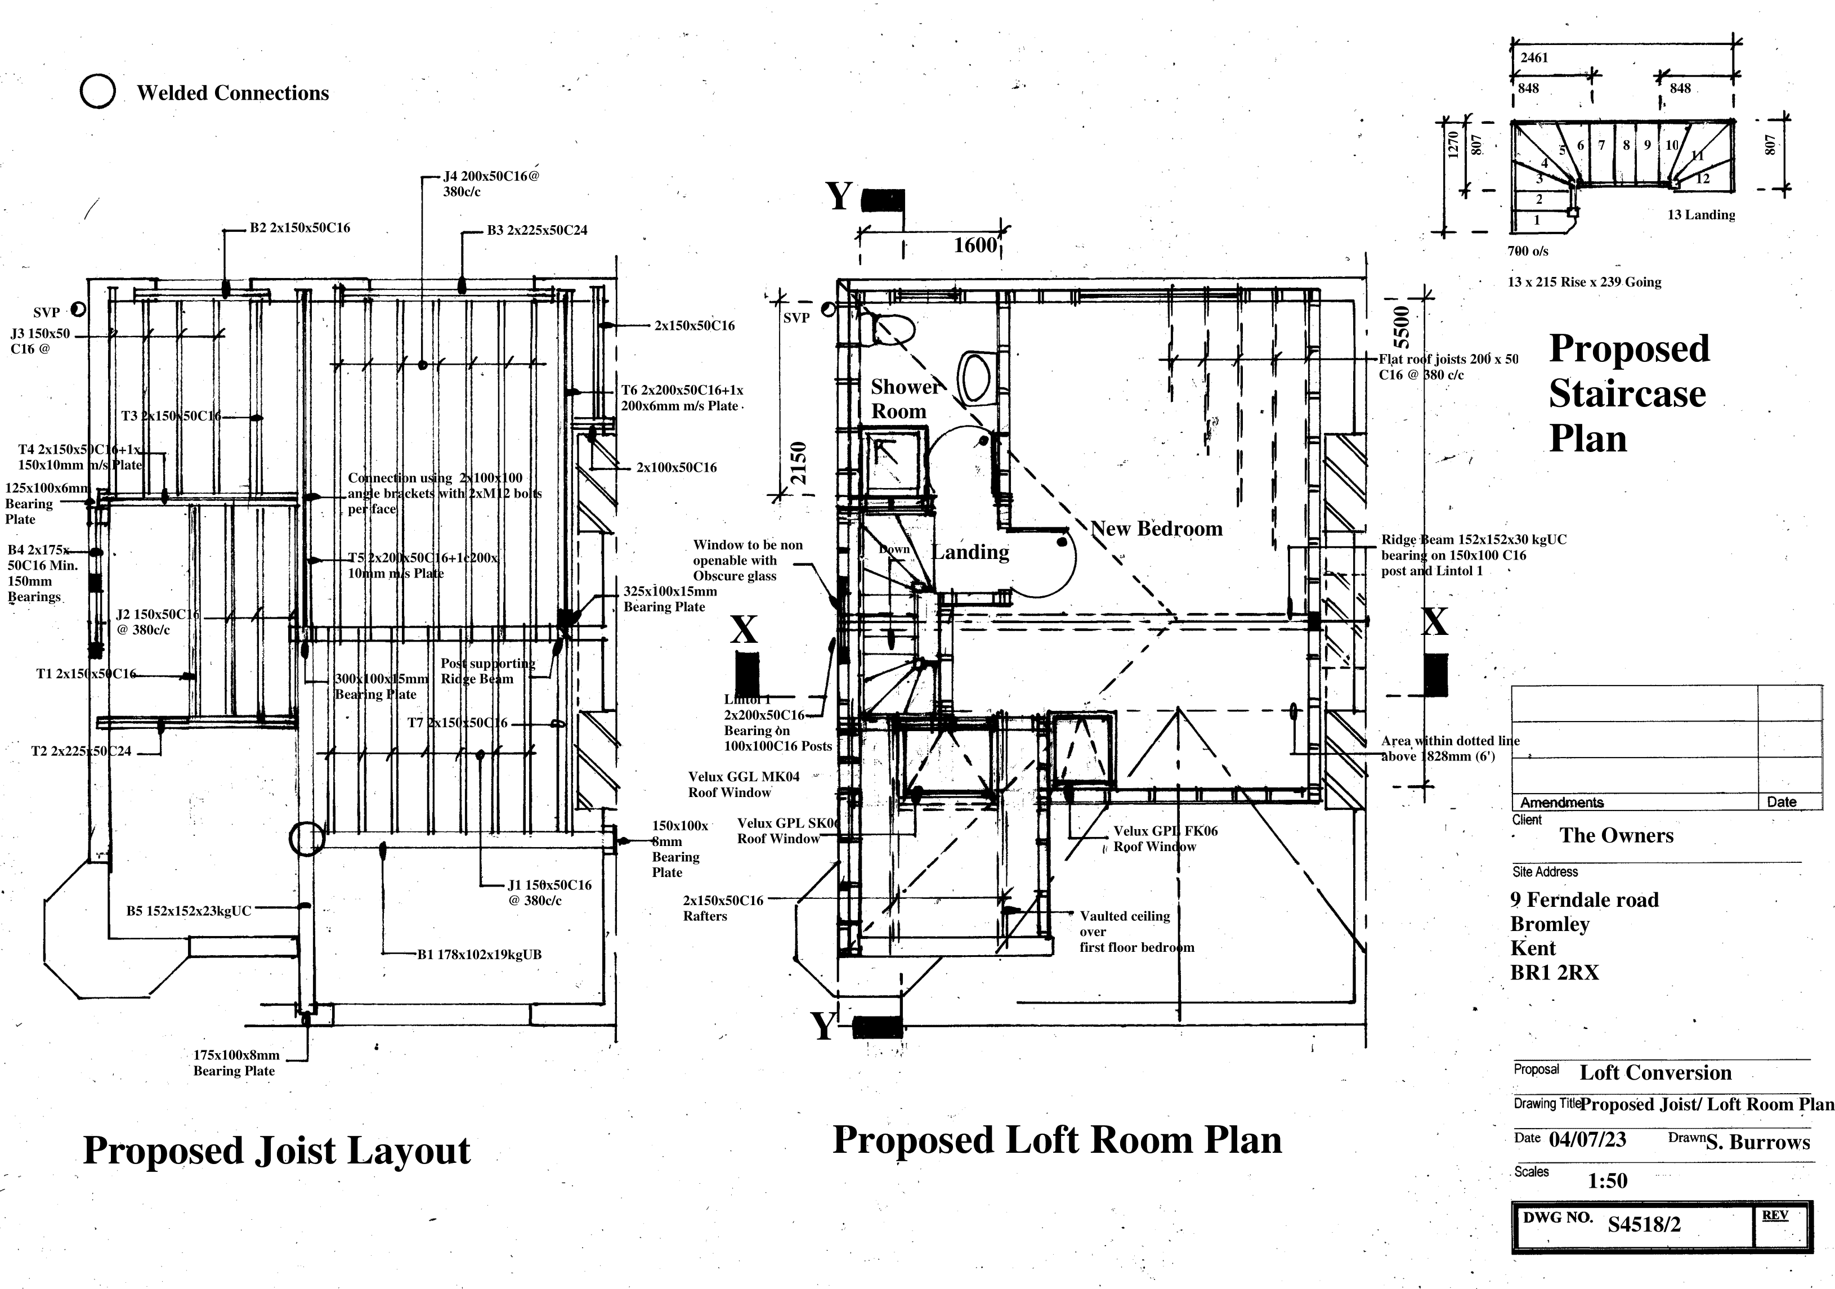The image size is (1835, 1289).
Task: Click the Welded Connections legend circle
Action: tap(97, 91)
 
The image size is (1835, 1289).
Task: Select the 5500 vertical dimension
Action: tap(1402, 323)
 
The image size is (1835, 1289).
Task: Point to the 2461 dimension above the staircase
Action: tap(1534, 57)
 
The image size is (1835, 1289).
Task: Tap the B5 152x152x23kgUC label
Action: tap(189, 910)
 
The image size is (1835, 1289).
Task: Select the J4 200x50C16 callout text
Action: tap(491, 183)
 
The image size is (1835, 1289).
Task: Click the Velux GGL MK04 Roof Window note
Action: tap(742, 784)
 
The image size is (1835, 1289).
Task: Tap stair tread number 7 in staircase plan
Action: tap(1601, 145)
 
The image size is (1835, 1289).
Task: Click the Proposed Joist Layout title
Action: tap(276, 1150)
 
